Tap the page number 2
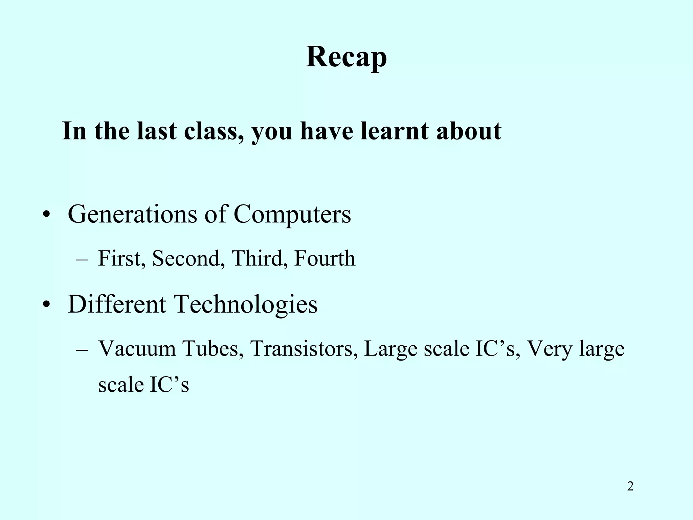630,486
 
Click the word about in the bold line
469,131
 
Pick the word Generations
132,214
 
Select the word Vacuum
137,349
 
